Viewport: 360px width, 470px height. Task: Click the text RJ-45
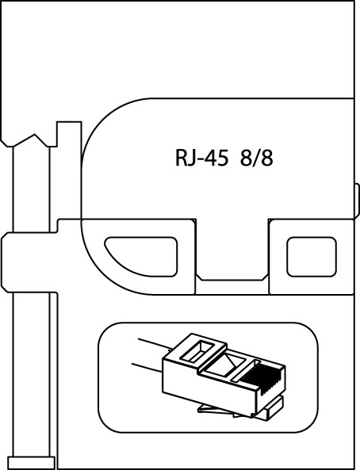[x=201, y=159]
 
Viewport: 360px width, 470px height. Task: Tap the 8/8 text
[x=256, y=158]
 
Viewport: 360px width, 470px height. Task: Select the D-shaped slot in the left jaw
[x=141, y=257]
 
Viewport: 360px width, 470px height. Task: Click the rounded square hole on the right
[x=312, y=257]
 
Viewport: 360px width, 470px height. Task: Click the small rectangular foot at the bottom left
[x=31, y=463]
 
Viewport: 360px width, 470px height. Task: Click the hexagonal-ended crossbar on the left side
[x=29, y=262]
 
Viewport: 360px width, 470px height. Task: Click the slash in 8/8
[x=256, y=159]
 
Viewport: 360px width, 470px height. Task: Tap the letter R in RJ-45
[x=181, y=159]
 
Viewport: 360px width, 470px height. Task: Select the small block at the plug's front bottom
[x=274, y=405]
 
